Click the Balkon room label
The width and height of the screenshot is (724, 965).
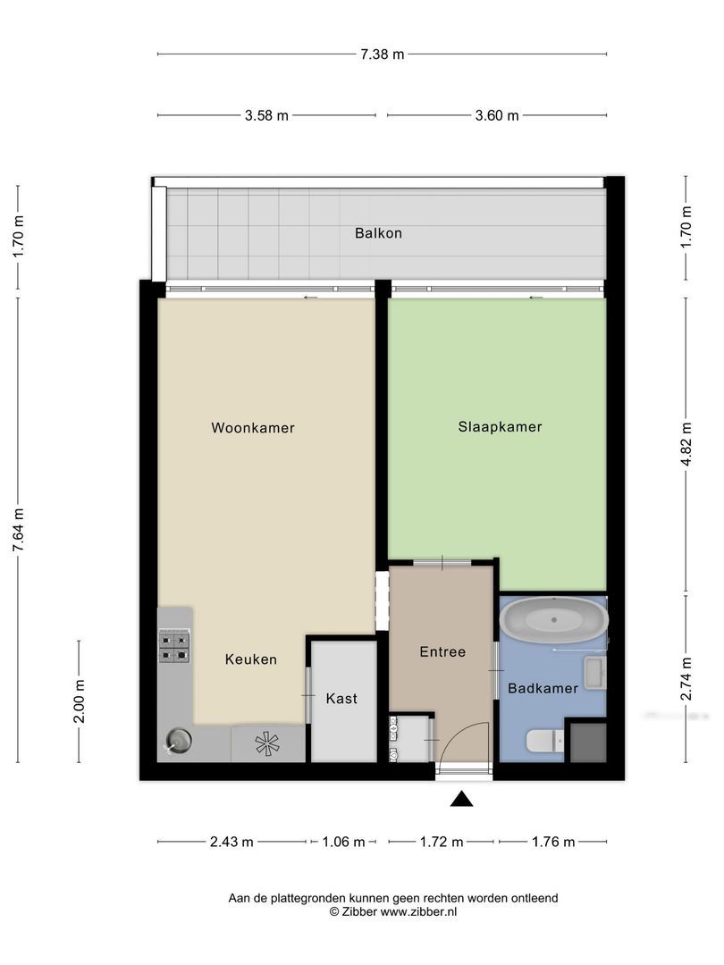click(378, 233)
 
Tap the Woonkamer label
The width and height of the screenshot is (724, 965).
click(253, 428)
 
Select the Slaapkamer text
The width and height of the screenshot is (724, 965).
click(500, 427)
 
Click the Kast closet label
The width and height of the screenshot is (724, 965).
click(341, 698)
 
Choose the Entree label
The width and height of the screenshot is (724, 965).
click(442, 651)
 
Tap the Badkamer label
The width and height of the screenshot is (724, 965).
click(543, 688)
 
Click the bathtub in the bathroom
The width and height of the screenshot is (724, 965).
click(552, 618)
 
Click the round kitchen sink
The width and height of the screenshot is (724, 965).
click(178, 740)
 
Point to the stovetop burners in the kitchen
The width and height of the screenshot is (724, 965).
click(174, 646)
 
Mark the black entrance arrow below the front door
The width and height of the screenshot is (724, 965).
click(461, 799)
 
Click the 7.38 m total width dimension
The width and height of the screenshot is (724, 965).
click(383, 54)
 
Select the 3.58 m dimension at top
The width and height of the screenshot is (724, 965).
click(266, 115)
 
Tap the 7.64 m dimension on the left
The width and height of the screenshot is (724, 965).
click(18, 531)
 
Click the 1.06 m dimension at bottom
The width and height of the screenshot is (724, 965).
click(342, 842)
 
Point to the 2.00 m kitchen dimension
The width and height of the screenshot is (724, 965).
click(79, 701)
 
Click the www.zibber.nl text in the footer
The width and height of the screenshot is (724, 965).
click(418, 911)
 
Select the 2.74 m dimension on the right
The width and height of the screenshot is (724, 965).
click(686, 679)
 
